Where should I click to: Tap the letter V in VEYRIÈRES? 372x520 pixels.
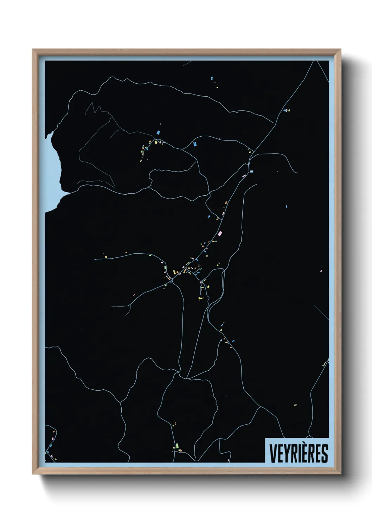click(272, 453)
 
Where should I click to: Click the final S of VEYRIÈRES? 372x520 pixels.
click(325, 453)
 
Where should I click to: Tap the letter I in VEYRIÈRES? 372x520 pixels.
click(299, 453)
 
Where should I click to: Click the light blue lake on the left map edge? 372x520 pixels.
click(53, 169)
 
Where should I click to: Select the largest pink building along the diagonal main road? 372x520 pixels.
click(220, 233)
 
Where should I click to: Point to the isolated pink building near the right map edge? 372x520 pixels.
click(321, 271)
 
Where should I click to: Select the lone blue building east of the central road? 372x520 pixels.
click(287, 206)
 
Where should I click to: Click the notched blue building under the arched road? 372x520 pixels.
click(195, 144)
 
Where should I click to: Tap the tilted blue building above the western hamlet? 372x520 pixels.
click(158, 132)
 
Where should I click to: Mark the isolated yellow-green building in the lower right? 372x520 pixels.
click(295, 405)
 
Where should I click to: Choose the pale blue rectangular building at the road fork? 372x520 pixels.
click(251, 171)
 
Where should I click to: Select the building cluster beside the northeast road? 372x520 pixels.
click(287, 110)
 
